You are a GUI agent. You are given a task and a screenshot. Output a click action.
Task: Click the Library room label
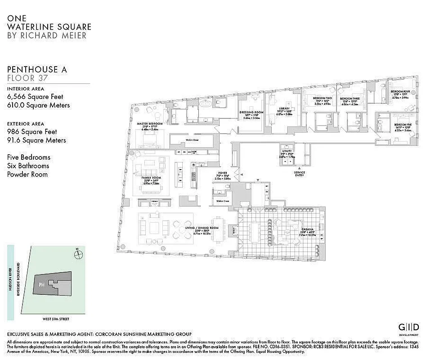pos(284,109)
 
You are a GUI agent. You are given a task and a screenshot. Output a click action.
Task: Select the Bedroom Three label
pos(349,98)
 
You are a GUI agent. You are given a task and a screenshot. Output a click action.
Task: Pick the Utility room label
pos(287,151)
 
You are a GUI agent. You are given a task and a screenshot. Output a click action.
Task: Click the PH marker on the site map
pos(41,284)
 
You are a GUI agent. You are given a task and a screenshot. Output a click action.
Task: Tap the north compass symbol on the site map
pos(79,254)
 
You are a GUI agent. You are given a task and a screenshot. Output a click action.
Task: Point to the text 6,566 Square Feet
pos(35,96)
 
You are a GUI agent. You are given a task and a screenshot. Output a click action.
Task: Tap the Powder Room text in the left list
pos(27,174)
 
